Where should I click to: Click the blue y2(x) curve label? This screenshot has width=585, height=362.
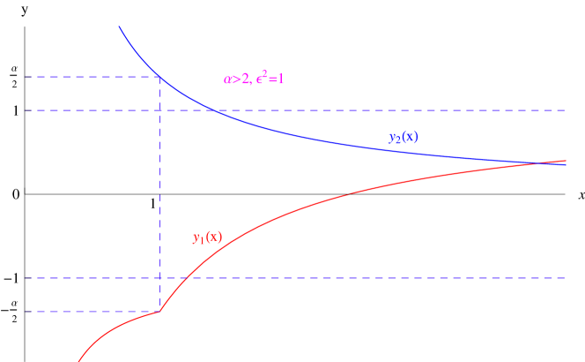(x=403, y=138)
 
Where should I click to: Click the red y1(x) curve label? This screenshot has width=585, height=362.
(x=207, y=238)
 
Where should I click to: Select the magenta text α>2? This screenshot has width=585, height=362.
(x=236, y=79)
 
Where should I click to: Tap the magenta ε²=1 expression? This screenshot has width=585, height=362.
(x=270, y=79)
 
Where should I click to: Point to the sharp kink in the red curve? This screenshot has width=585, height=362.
(x=159, y=311)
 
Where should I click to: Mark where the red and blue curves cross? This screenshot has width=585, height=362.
(x=540, y=163)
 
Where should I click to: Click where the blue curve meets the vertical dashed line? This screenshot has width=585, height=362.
(x=159, y=78)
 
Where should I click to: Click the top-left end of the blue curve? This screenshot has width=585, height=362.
(x=120, y=27)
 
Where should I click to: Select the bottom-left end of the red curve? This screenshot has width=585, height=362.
(x=79, y=360)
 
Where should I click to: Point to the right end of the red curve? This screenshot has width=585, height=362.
(x=566, y=161)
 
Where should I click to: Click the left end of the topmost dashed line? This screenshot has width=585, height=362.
(x=26, y=78)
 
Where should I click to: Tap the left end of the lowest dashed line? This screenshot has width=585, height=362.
(x=26, y=312)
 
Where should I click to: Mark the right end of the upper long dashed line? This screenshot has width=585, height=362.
(x=565, y=110)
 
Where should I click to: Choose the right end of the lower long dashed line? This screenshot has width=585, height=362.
(x=565, y=278)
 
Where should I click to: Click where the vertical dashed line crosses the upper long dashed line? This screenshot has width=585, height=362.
(x=159, y=110)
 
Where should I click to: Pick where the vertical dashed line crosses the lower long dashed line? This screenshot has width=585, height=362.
(x=159, y=278)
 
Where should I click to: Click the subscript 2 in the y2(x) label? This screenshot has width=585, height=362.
(x=397, y=141)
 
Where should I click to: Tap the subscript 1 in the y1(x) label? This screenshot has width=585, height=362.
(x=201, y=241)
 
